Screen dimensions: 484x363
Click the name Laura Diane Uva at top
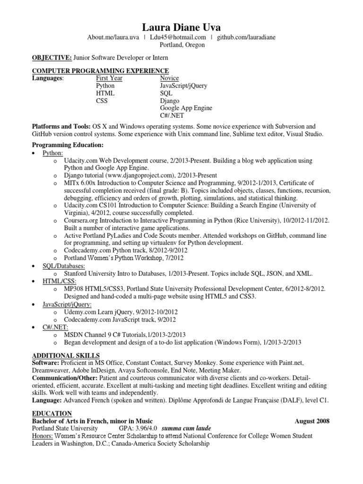181,27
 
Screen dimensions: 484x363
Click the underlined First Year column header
109,78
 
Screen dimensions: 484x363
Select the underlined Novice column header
170,78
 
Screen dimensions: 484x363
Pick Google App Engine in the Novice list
186,108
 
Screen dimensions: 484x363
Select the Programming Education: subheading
67,145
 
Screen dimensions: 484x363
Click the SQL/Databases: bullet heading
64,266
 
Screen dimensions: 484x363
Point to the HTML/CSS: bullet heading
59,281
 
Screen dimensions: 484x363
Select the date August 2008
312,421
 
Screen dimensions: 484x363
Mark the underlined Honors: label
43,436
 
